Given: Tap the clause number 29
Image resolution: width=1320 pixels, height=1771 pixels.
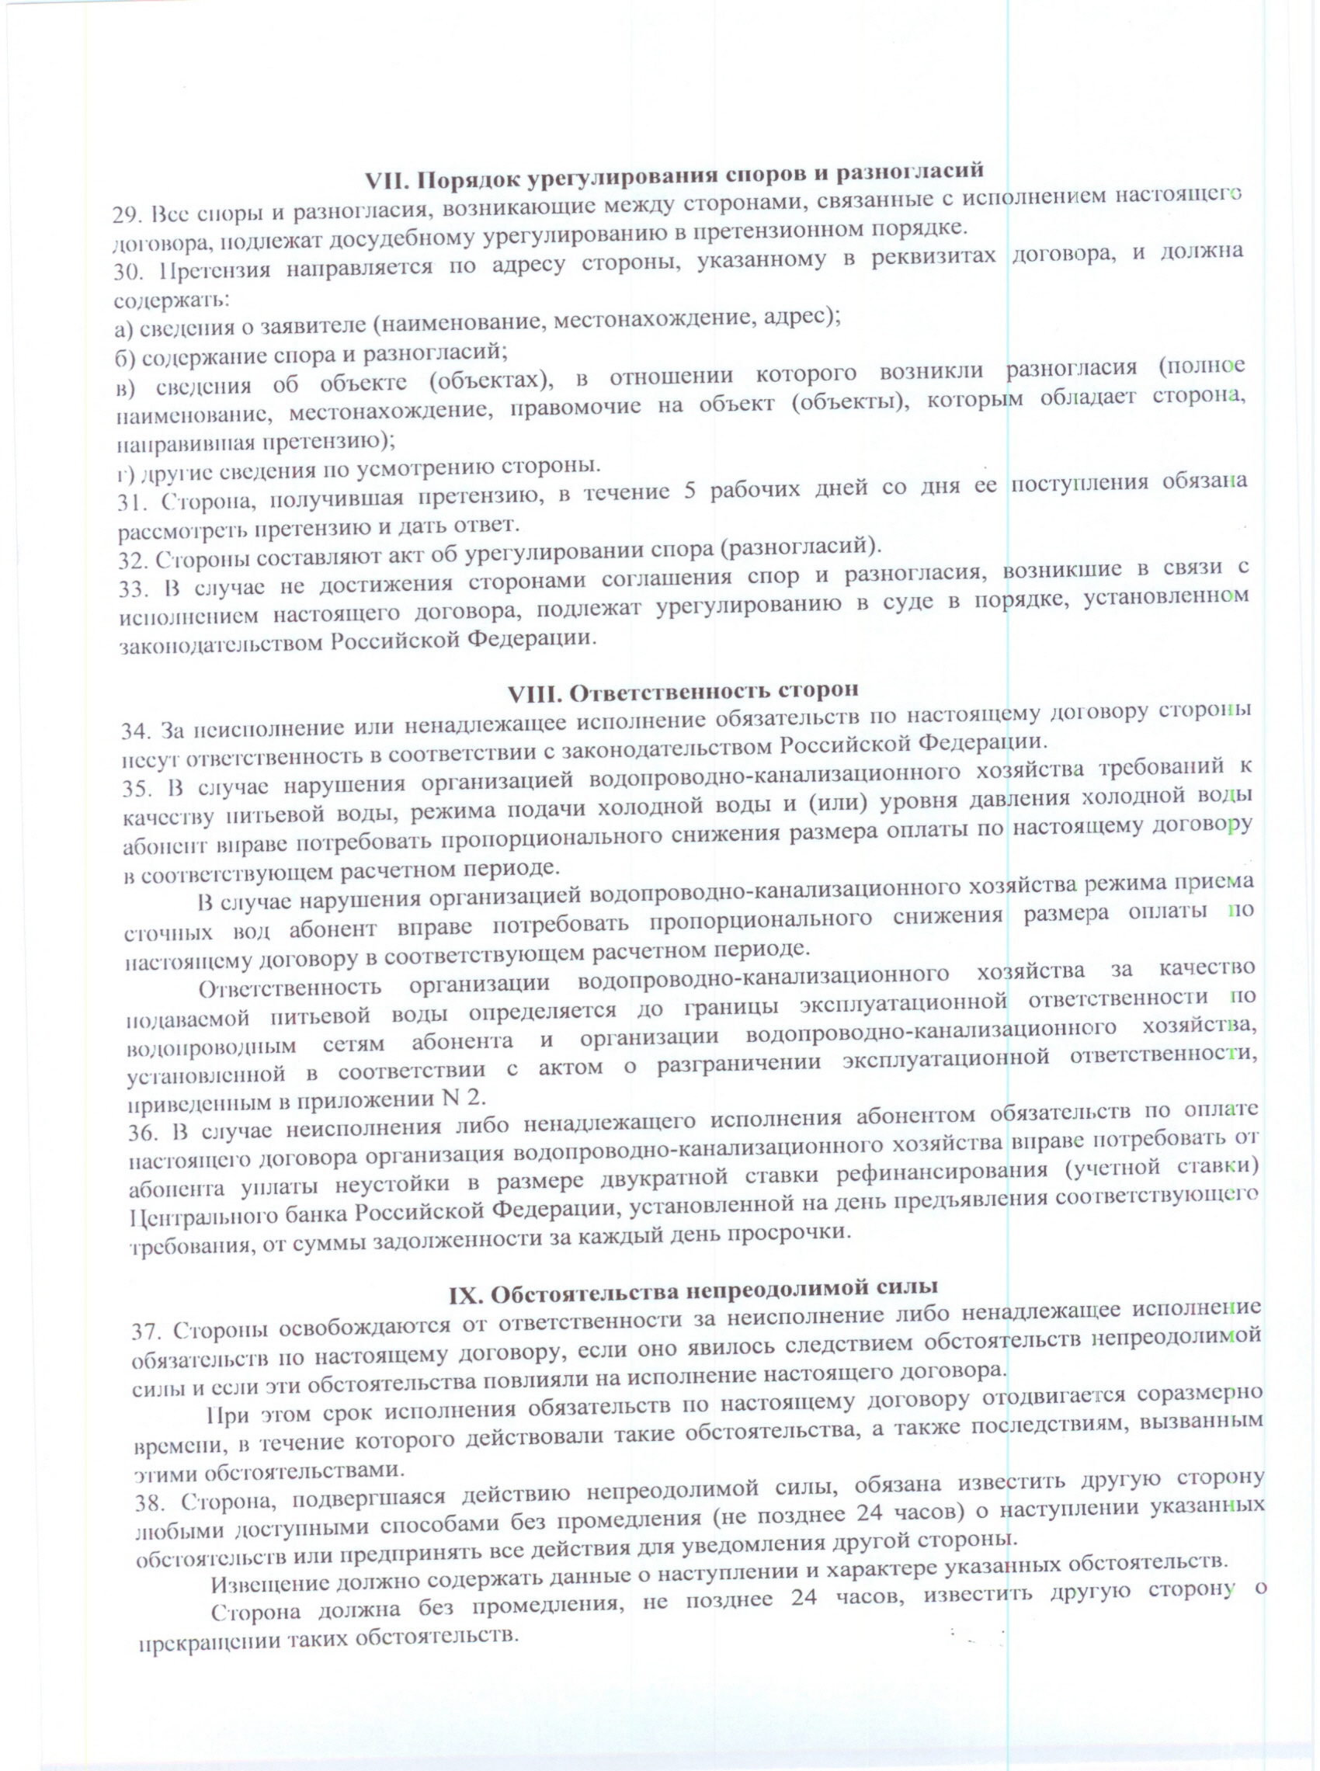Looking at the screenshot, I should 127,215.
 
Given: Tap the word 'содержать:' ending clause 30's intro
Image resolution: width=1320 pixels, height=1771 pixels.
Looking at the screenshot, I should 172,301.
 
